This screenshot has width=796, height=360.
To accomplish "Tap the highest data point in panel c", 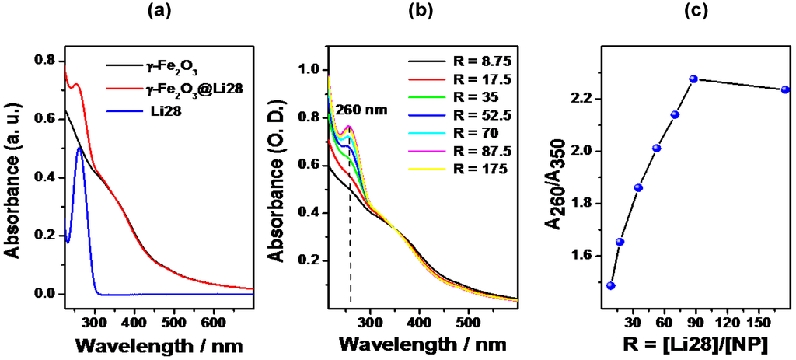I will pyautogui.click(x=693, y=79).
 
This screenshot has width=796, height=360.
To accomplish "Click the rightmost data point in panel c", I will pyautogui.click(x=785, y=89).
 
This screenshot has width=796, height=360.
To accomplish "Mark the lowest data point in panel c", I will pyautogui.click(x=611, y=285).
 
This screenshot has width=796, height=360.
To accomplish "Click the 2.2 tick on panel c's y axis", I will pyautogui.click(x=583, y=99).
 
